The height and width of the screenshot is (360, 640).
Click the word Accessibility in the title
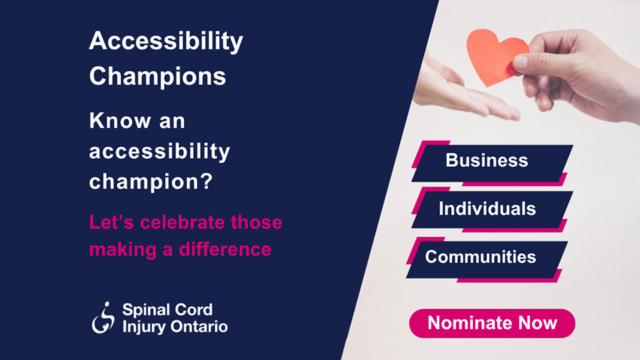click(166, 43)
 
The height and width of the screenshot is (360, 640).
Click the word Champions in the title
click(157, 77)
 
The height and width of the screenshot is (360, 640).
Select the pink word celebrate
click(180, 222)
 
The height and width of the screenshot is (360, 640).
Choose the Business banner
click(489, 161)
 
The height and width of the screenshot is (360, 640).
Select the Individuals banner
click(488, 209)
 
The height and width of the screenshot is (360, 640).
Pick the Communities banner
click(481, 257)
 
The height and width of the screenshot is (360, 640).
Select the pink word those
click(257, 222)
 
